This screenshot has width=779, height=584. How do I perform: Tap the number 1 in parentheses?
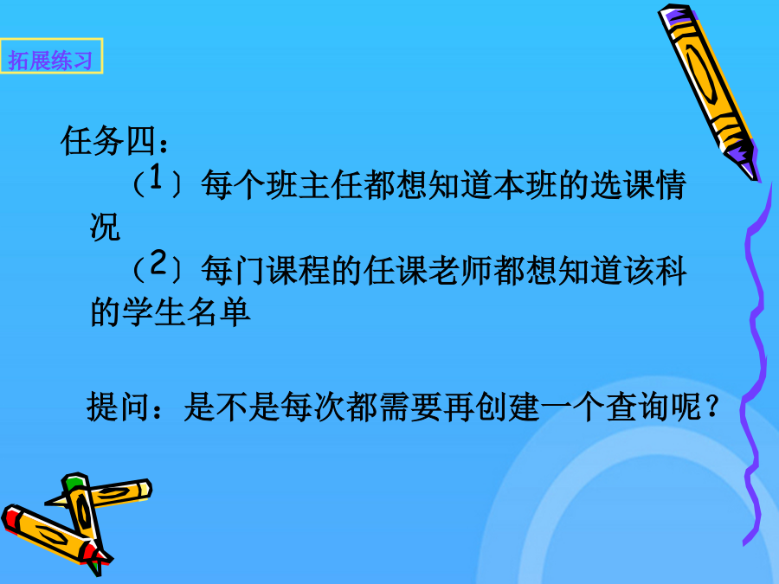(x=156, y=176)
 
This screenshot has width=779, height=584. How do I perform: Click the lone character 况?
(x=105, y=227)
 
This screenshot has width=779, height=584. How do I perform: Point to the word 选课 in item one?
(x=622, y=185)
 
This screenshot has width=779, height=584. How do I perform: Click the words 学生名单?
(x=186, y=313)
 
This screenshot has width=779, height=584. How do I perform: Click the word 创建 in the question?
(x=508, y=407)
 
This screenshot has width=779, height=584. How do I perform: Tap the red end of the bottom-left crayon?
(x=11, y=518)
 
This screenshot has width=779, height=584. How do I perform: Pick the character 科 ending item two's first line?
(x=671, y=271)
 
